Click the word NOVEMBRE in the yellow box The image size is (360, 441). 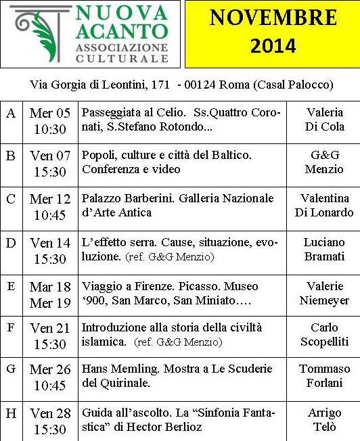273,18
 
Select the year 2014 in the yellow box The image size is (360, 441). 273,45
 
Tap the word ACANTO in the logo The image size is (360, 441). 122,31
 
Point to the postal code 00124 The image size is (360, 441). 205,85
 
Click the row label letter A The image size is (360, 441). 11,113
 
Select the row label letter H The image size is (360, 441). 11,413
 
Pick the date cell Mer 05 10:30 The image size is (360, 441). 50,120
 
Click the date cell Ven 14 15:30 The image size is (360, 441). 50,250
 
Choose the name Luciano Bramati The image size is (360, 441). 324,249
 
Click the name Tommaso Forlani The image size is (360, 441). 324,375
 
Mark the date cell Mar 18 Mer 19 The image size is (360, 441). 50,295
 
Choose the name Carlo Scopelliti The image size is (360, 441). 324,335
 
